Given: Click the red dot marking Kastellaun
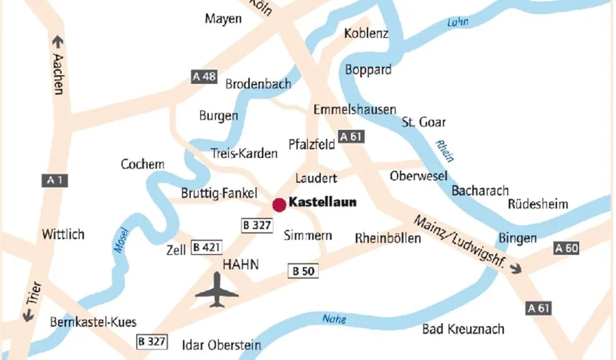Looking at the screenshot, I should pos(279,205).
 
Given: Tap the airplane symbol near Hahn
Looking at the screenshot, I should pos(217,290).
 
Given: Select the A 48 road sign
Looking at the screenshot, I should pos(205,76).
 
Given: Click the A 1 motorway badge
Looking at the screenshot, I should pos(54,181).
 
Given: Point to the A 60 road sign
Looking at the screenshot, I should pos(567,248).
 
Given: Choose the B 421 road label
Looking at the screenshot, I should pos(206,248).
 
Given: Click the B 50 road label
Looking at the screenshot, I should pos(303,271).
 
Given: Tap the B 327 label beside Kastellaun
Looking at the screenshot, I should pos(256,225).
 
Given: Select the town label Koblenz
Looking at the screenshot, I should pos(367,33).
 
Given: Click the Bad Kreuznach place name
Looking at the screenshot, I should pos(463,329).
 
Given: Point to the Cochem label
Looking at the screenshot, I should pos(142,164).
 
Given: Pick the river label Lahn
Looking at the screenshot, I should pos(457,22).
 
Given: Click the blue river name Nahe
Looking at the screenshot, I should pos(334,319).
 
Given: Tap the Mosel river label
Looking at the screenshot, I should pos(121,240).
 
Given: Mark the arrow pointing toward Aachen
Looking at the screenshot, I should pos(58,43).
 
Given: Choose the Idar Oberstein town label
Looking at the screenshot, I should pos(222,345).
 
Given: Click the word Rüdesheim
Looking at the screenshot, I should pos(538,204).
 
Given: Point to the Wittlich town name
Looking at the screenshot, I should pos(63,234).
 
